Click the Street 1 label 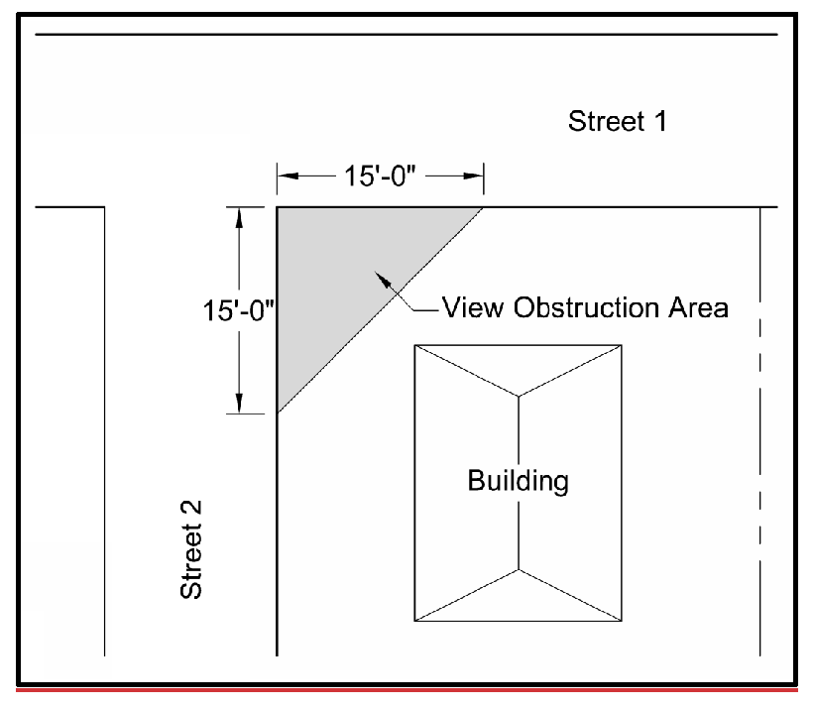point(616,122)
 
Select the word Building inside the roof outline point(519,482)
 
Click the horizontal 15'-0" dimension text point(379,177)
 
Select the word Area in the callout point(698,306)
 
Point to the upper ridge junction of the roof point(519,397)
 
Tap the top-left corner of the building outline point(414,345)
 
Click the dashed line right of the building point(759,397)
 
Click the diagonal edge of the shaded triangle point(380,309)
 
